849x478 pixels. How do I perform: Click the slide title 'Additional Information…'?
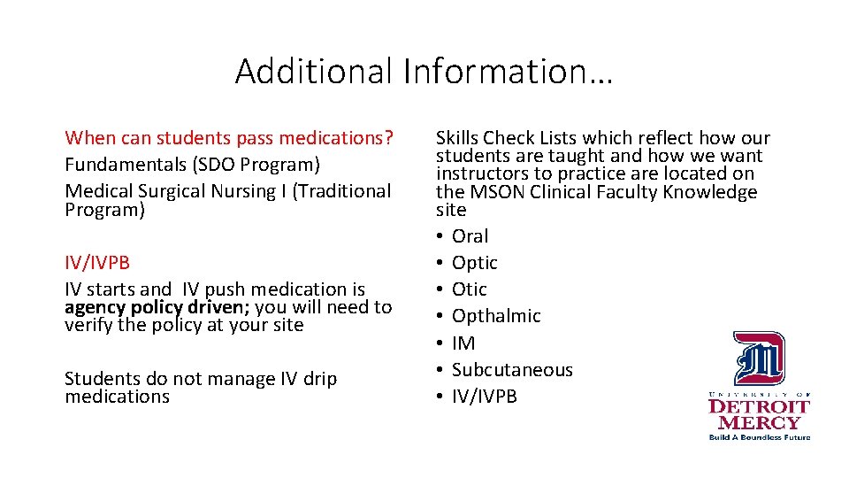pyautogui.click(x=424, y=72)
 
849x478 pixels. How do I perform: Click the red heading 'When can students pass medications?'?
pyautogui.click(x=229, y=138)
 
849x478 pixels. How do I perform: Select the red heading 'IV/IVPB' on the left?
pyautogui.click(x=98, y=263)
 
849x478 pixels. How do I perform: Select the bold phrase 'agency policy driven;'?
pyautogui.click(x=157, y=307)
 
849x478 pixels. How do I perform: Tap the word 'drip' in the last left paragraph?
pyautogui.click(x=319, y=379)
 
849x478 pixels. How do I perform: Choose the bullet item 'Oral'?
pyautogui.click(x=470, y=236)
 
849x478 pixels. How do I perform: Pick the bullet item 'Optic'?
pyautogui.click(x=474, y=263)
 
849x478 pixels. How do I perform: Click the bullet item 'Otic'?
pyautogui.click(x=469, y=289)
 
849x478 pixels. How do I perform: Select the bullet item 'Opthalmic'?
pyautogui.click(x=496, y=316)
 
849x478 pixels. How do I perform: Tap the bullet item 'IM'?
pyautogui.click(x=463, y=343)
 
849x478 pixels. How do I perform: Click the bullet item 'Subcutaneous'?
pyautogui.click(x=512, y=370)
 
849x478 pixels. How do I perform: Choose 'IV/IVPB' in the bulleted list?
pyautogui.click(x=484, y=397)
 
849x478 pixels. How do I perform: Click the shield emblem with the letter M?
pyautogui.click(x=758, y=358)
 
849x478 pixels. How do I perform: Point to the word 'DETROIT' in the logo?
pyautogui.click(x=759, y=406)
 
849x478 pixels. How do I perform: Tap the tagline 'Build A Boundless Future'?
pyautogui.click(x=759, y=436)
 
